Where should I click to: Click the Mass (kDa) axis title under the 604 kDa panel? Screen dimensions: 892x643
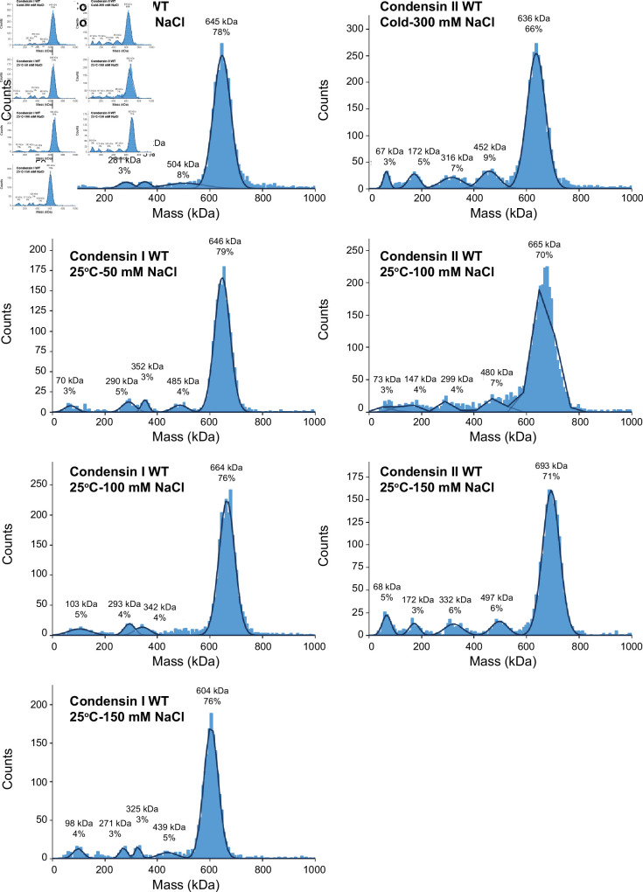coord(185,882)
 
